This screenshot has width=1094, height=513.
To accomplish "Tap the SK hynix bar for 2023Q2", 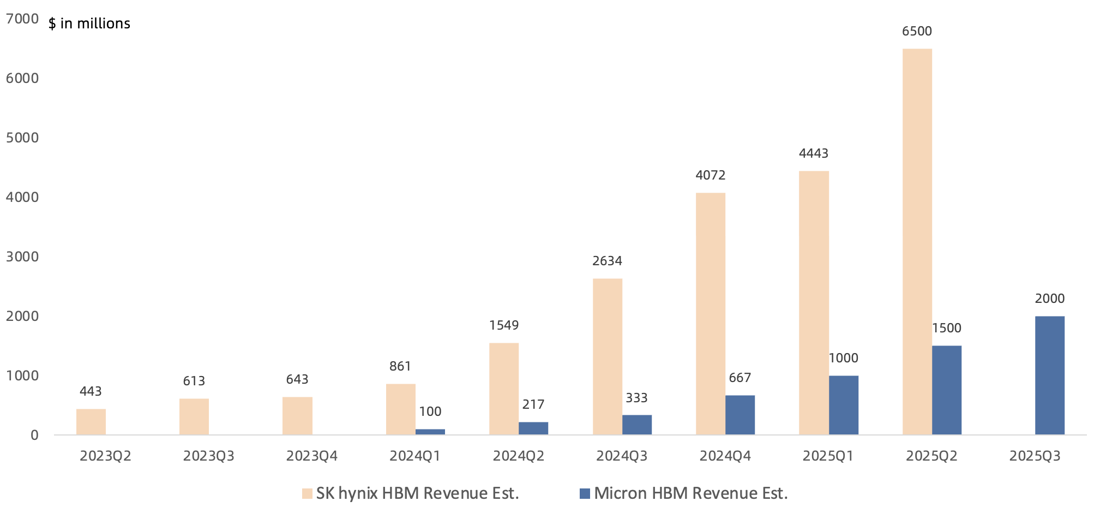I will click(91, 422).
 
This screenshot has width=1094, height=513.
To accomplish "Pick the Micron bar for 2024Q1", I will click(430, 432).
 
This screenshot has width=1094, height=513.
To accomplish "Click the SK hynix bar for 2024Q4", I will click(710, 314).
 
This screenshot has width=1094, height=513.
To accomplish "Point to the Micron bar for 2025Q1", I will click(843, 405).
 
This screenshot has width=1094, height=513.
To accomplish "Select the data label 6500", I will click(917, 31).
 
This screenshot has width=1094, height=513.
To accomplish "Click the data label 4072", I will click(710, 175).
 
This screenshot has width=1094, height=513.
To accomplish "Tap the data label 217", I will click(533, 404).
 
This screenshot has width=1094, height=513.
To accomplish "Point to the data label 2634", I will click(607, 261).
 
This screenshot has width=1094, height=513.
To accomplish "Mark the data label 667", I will click(740, 378).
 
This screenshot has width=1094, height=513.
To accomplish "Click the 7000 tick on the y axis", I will click(22, 19).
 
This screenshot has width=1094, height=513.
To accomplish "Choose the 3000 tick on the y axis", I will click(22, 256).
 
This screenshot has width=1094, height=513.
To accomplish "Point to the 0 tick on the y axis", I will click(34, 435).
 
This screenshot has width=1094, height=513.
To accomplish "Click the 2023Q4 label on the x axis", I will click(311, 456).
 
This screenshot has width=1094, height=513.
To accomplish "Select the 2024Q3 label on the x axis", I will click(621, 456).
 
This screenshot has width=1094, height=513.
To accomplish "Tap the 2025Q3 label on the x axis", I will click(1035, 456).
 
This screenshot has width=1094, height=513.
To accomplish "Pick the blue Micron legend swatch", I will click(585, 493).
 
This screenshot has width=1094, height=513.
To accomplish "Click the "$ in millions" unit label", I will click(89, 23).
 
